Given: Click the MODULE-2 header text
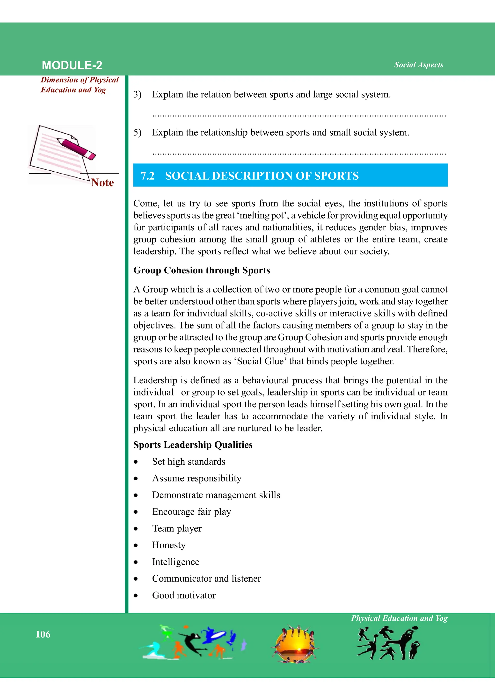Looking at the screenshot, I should pos(72,65).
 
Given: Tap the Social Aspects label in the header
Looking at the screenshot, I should pos(418,65).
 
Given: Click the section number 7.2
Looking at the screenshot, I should pos(147,176).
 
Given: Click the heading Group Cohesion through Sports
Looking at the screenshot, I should pos(202,270).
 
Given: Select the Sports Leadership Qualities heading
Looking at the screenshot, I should pos(193,445).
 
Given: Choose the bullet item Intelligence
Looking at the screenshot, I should pos(175,561).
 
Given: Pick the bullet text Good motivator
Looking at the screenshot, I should pos(184,595).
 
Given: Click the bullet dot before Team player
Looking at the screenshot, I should pos(136,529).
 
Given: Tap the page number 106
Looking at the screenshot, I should pos(43,634).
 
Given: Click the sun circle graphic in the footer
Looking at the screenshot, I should pos(295,644).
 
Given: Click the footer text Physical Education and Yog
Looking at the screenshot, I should pos(399,618).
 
